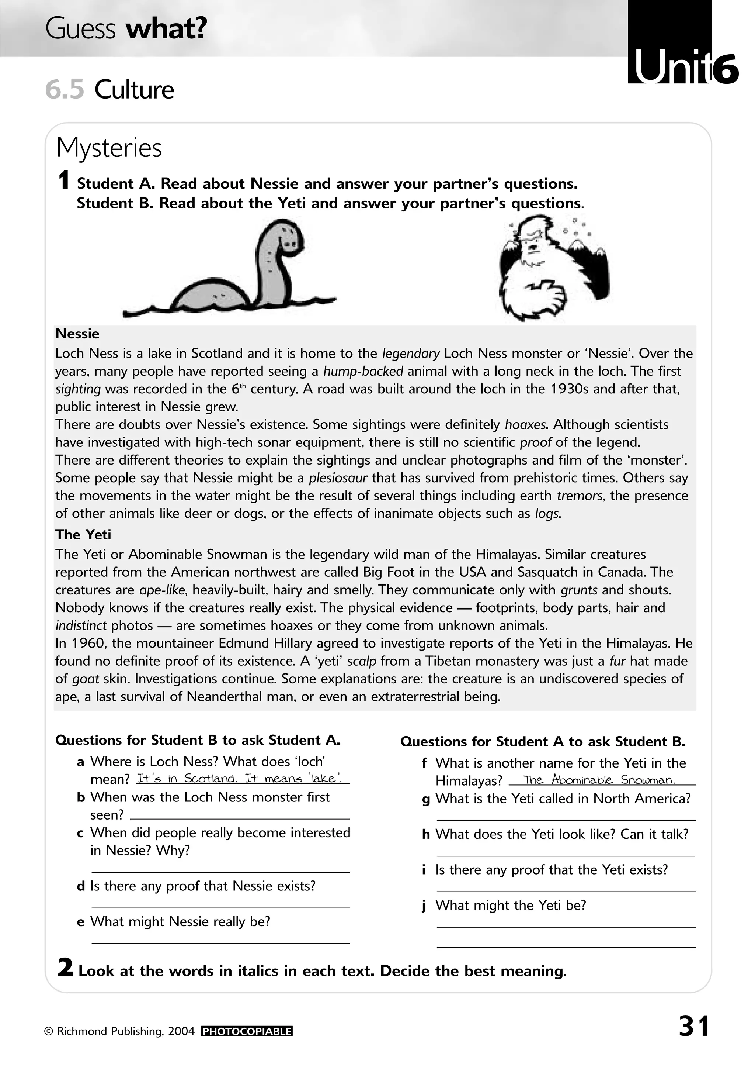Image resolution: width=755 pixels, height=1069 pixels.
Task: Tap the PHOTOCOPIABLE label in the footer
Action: point(247,1031)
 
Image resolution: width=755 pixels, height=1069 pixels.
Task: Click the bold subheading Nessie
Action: point(77,334)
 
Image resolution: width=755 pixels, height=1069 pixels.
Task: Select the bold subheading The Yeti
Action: point(83,534)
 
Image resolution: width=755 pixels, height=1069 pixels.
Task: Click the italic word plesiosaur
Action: point(338,478)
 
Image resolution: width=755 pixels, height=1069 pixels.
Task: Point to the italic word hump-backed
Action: point(363,371)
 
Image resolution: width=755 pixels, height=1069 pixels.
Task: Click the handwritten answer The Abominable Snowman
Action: point(599,780)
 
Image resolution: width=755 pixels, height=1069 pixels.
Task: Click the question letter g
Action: point(425,799)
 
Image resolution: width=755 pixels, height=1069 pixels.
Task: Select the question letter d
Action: point(81,886)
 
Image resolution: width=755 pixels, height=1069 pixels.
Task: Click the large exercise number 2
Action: point(65,968)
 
